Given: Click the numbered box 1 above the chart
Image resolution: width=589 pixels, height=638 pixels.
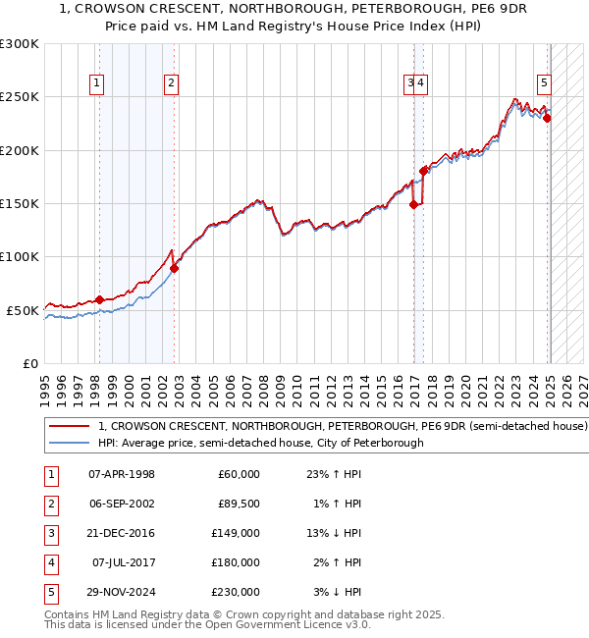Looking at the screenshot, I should point(98,84).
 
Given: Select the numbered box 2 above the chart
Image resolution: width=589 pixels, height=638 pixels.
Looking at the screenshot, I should point(171,84).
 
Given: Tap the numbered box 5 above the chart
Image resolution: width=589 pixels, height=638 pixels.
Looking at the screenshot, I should point(544,84).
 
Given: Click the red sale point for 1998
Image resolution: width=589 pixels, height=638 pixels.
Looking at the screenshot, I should point(99,299).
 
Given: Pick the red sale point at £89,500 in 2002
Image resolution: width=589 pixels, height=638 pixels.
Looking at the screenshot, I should point(174,268).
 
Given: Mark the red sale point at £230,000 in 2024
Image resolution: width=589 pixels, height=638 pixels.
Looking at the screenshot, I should point(548,119).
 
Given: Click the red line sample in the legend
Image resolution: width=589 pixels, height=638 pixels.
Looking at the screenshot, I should point(68,427).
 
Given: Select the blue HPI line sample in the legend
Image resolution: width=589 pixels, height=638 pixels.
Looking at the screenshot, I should point(68,444).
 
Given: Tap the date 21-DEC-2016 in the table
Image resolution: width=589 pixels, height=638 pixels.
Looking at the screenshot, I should point(122,533).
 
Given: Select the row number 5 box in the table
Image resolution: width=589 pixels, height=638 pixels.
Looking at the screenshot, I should point(50,592).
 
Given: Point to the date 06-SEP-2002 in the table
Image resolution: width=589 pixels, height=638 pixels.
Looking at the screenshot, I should point(122,504).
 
